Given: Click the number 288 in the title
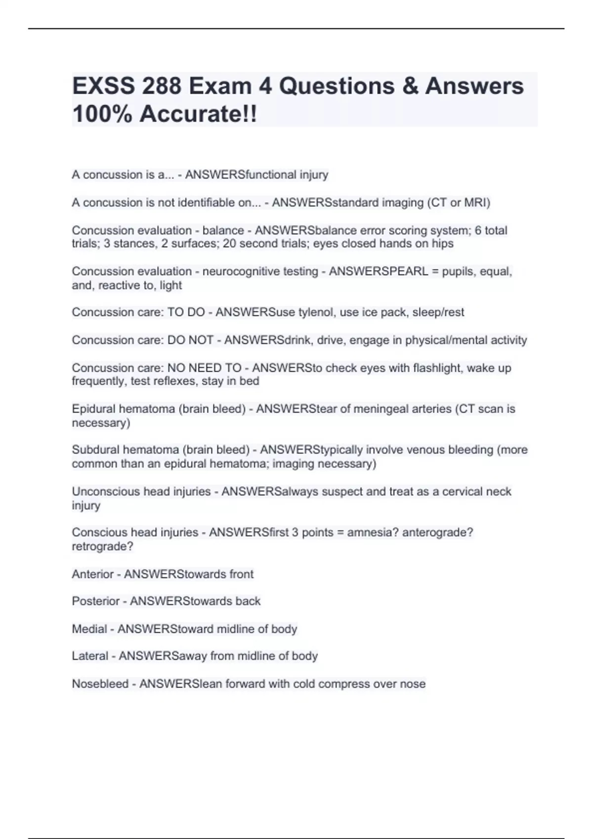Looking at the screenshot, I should click(161, 86).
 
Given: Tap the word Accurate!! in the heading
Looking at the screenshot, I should click(198, 114).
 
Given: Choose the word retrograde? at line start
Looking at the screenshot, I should click(102, 547).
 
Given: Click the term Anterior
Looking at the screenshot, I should click(92, 574).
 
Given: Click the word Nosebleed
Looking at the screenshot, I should click(100, 684).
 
